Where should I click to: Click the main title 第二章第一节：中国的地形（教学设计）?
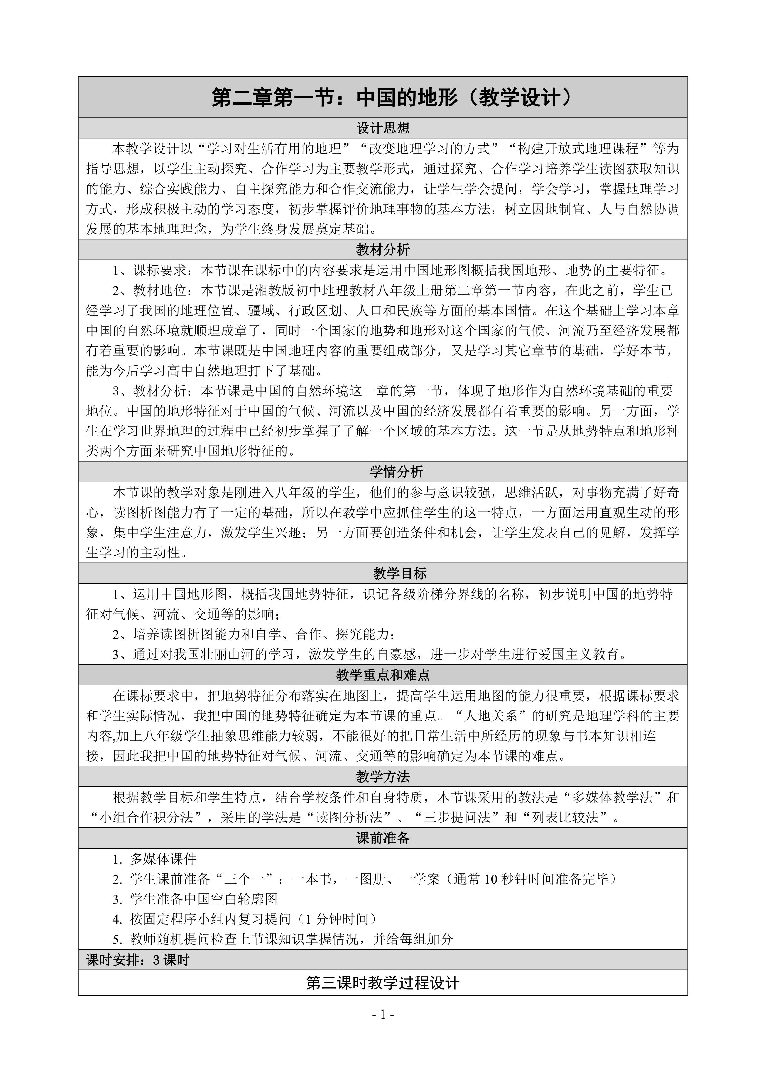(x=383, y=98)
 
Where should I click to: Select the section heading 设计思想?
(x=383, y=128)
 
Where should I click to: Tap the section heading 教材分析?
(x=383, y=250)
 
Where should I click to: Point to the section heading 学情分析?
(x=383, y=472)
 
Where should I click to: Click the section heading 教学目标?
(x=383, y=573)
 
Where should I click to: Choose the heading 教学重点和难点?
(x=383, y=675)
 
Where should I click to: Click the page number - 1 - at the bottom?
(x=383, y=1014)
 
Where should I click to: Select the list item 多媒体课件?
(x=163, y=858)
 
